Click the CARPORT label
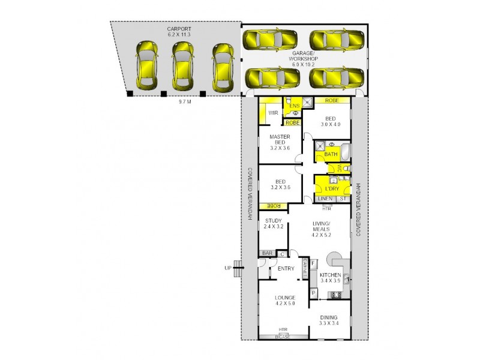(x=179, y=28)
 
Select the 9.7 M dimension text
(x=185, y=102)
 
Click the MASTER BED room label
(x=279, y=141)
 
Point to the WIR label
(x=272, y=112)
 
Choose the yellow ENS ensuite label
(x=294, y=106)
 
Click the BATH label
(x=331, y=154)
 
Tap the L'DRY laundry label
(x=331, y=188)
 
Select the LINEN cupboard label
(x=325, y=199)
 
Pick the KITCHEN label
(x=330, y=277)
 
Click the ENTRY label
(x=286, y=269)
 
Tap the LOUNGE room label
(x=286, y=299)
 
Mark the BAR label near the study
(x=266, y=253)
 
